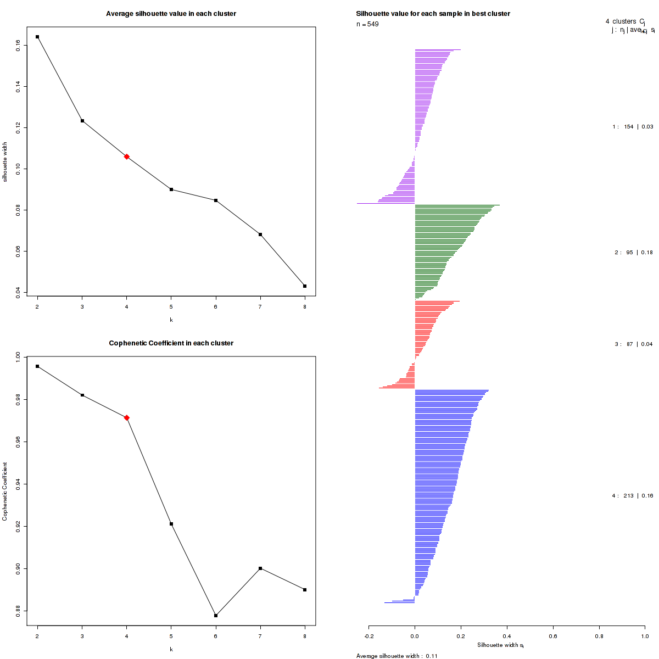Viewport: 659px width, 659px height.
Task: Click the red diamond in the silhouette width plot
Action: click(x=127, y=157)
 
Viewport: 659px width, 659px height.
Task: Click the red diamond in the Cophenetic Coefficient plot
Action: click(x=127, y=418)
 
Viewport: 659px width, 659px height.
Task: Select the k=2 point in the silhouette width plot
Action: click(x=37, y=37)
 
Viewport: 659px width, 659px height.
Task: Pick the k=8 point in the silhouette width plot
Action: click(x=305, y=286)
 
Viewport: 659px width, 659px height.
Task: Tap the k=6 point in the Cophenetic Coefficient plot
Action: click(x=216, y=616)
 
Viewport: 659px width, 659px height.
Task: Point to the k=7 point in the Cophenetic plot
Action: click(x=260, y=568)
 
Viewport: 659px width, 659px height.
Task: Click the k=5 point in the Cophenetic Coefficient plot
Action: click(x=171, y=524)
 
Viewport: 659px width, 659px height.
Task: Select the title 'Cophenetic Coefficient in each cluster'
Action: click(x=171, y=343)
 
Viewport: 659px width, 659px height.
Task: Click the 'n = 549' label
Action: click(x=367, y=24)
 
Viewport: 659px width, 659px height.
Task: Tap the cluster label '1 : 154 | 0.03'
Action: click(x=633, y=127)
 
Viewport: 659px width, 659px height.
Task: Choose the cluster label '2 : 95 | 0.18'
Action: click(x=634, y=253)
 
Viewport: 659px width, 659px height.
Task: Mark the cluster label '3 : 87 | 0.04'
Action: click(x=634, y=344)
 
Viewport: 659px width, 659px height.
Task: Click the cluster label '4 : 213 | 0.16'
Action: click(x=633, y=496)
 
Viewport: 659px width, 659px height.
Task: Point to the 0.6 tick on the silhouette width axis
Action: click(x=553, y=636)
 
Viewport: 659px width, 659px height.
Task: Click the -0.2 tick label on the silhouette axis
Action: click(x=368, y=636)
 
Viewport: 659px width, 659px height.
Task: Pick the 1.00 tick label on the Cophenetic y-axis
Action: click(x=19, y=358)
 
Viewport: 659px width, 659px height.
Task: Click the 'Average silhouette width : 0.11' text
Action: click(x=396, y=656)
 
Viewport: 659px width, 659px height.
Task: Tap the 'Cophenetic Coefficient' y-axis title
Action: click(x=5, y=492)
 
